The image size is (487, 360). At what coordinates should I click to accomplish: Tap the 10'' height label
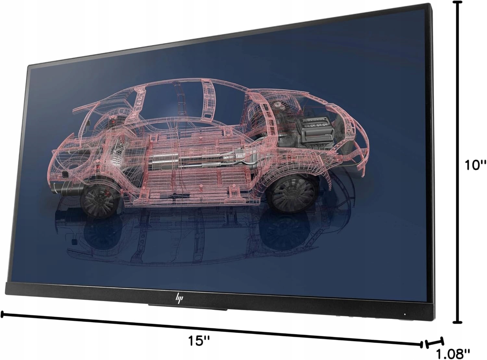coord(475,165)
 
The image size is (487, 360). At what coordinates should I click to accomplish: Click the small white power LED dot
coord(405,314)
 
